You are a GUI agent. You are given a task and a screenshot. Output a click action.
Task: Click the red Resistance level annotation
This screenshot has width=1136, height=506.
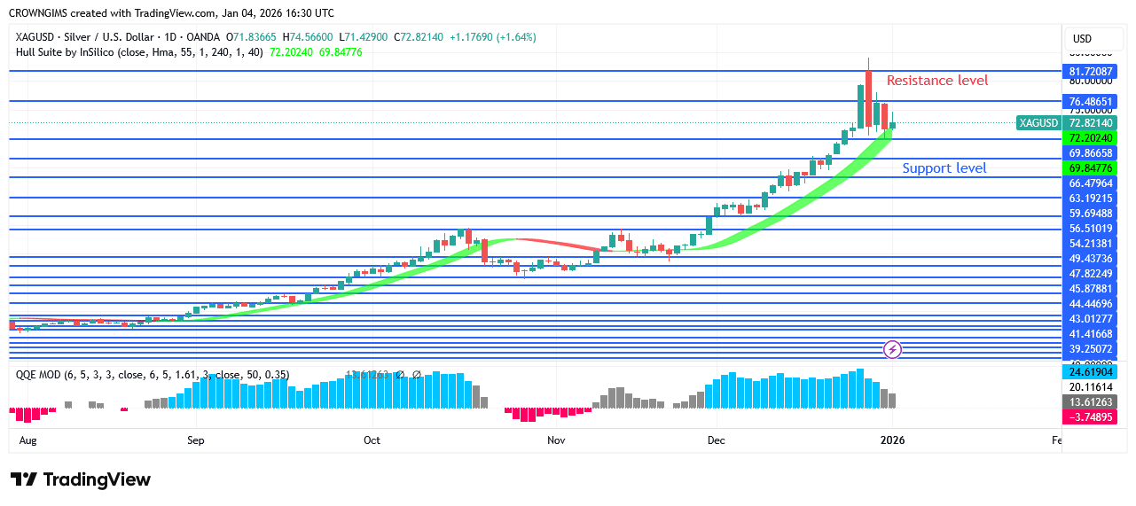[937, 81]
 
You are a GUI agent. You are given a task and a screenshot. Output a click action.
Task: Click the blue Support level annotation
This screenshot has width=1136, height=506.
[944, 168]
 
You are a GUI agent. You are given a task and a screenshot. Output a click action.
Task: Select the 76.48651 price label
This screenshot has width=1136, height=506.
[1090, 102]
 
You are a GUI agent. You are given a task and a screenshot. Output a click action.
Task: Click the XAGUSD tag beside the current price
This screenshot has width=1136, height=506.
[1038, 123]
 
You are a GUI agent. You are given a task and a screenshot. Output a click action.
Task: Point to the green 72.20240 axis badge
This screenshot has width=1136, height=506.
[1090, 138]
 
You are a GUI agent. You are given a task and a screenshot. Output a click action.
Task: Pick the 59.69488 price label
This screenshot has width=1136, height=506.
[1090, 214]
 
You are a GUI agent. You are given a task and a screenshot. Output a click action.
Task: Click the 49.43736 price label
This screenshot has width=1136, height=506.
[1090, 259]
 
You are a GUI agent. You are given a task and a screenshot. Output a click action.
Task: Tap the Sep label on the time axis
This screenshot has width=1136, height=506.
[196, 440]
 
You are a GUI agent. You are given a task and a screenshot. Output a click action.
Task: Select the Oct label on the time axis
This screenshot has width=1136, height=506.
[372, 440]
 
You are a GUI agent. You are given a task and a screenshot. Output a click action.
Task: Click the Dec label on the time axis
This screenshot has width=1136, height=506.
[716, 440]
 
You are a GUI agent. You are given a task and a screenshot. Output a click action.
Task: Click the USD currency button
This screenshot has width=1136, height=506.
[1082, 39]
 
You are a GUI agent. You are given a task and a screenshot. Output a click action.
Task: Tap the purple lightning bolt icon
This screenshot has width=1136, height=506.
[893, 349]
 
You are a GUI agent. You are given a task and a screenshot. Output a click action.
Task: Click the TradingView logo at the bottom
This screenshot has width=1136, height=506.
[81, 479]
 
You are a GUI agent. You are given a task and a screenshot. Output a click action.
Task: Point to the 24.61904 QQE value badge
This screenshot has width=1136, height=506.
[1090, 373]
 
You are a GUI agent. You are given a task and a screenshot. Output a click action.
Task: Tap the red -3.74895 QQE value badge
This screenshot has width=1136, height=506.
[1090, 417]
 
